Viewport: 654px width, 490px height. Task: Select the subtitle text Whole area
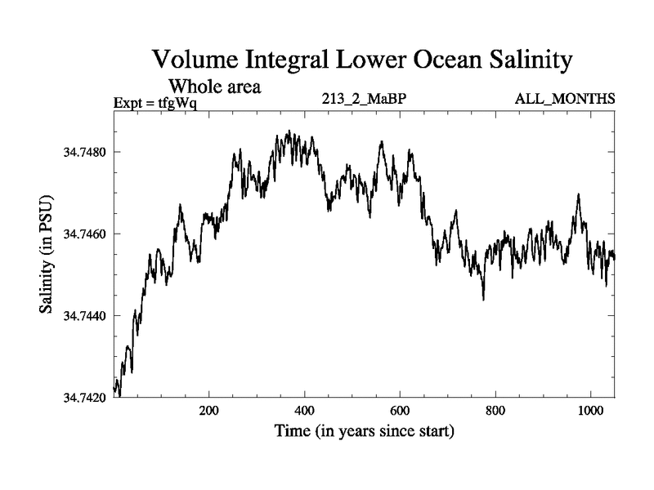coord(214,86)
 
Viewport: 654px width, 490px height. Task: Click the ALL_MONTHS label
coord(564,100)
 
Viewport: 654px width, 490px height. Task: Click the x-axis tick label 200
coord(209,411)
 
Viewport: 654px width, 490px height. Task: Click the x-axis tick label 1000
coord(589,411)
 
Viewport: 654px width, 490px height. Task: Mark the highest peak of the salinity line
coord(289,131)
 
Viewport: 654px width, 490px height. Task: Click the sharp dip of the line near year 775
coord(483,299)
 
